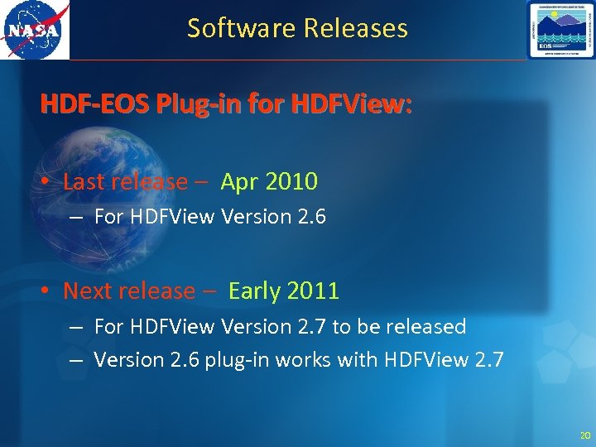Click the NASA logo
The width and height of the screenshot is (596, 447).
pos(35,30)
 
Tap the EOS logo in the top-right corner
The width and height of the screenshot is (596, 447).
pos(560,30)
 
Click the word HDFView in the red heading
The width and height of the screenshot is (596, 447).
pos(360,105)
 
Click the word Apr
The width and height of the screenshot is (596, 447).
pos(240,181)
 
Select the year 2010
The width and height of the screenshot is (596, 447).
pos(291,181)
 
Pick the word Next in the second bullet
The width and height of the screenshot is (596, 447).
pos(87,291)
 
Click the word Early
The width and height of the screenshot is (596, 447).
pos(254,291)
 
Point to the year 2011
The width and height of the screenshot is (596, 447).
pos(312,291)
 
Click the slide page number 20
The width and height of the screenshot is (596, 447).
pos(585,435)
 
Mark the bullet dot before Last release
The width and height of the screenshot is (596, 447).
pos(50,182)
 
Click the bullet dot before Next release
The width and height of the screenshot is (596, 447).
pos(50,291)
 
